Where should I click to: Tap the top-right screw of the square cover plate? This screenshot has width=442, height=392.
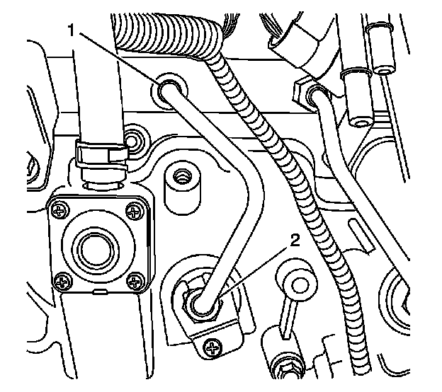click(x=133, y=209)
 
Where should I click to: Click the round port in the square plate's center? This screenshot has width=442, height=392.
click(x=93, y=249)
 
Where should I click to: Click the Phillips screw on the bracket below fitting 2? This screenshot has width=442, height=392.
click(x=212, y=347)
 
